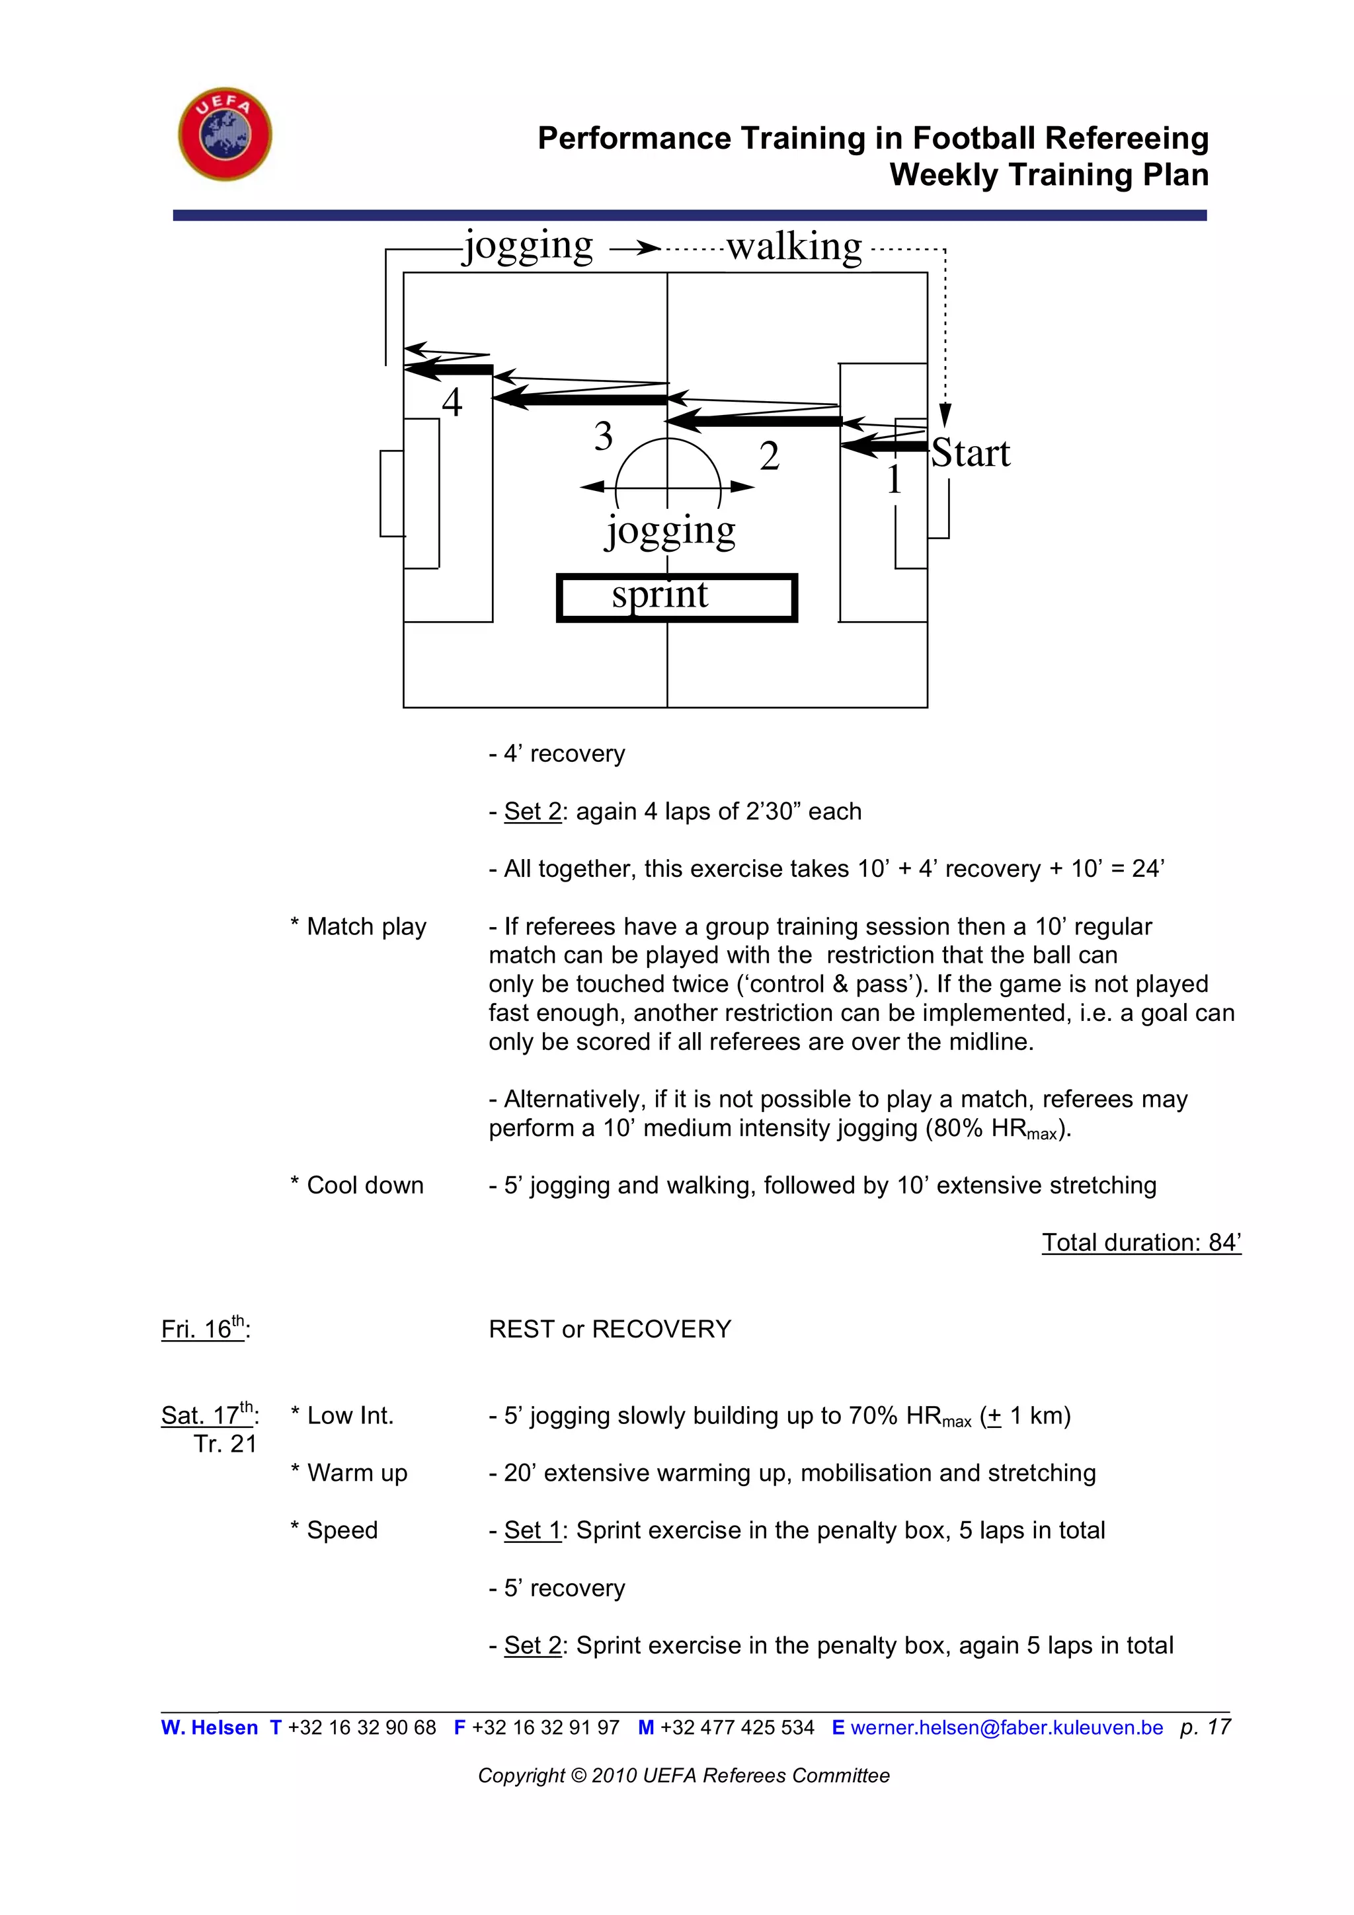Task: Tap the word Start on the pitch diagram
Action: coord(971,454)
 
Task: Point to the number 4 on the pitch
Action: coord(452,403)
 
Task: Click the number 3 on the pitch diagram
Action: coord(603,436)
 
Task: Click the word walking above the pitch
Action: coord(793,248)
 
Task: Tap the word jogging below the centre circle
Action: coord(670,531)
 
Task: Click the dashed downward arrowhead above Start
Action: coord(944,414)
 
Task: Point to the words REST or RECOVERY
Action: coord(610,1329)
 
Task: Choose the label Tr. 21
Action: coord(225,1444)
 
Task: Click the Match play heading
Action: coord(359,926)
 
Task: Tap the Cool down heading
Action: coord(357,1185)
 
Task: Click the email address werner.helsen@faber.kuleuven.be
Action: coord(1006,1727)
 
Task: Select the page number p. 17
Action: coord(1205,1727)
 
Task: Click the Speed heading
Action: coord(335,1530)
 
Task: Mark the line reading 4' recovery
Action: coord(557,753)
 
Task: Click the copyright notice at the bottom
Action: coord(683,1776)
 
